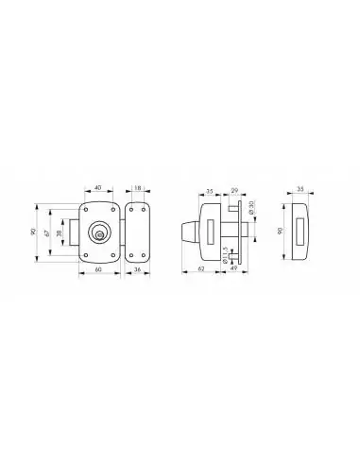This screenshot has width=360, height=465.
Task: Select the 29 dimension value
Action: coord(234,190)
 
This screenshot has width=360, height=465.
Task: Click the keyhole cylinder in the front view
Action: coord(98,232)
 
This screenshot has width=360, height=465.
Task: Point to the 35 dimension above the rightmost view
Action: coord(300,190)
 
